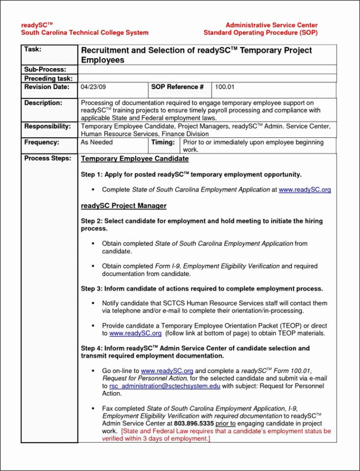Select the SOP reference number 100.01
coord(225,87)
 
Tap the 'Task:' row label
coord(32,49)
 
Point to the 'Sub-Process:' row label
coord(45,70)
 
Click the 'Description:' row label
coord(43,103)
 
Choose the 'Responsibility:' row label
coord(47,126)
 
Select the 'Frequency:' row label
coord(42,142)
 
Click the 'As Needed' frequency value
coord(97,142)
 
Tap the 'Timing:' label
coord(163,142)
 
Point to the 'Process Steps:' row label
coord(47,158)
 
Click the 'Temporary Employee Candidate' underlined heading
coord(135,159)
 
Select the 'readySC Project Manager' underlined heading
coord(124,206)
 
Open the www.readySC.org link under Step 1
coord(304,190)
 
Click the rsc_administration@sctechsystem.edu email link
coord(165,386)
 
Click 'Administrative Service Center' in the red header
coord(271,25)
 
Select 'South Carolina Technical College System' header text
coord(85,33)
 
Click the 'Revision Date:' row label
coord(47,87)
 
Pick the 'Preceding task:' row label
coord(48,78)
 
